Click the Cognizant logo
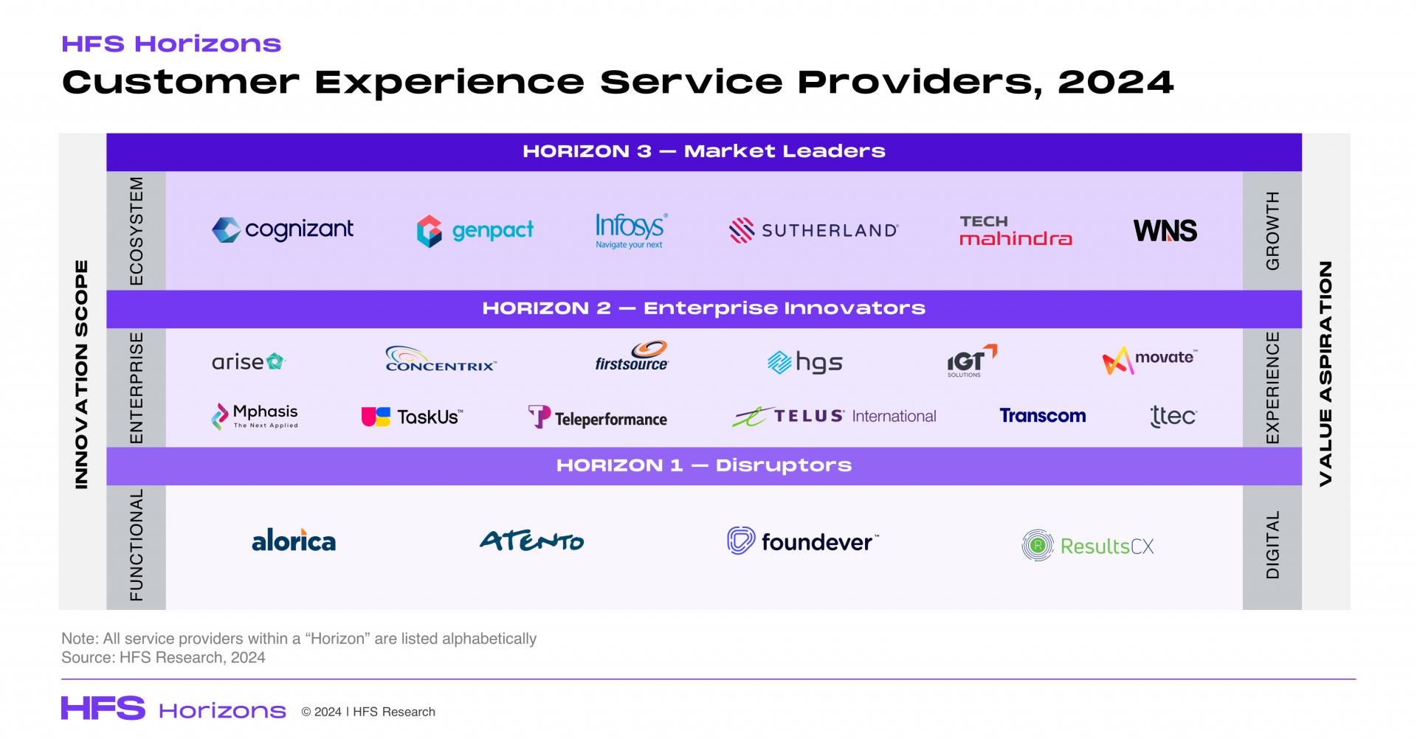283,230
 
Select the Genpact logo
475,231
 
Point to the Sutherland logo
813,230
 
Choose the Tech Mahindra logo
1015,230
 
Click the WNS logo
1165,231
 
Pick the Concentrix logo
441,360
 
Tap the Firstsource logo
632,356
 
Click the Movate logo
1149,360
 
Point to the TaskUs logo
412,417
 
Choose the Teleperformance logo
597,417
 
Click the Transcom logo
1042,416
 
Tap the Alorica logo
294,541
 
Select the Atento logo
531,541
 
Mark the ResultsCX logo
1088,546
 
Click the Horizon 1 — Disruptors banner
703,465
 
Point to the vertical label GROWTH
1272,230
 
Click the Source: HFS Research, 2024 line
163,657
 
